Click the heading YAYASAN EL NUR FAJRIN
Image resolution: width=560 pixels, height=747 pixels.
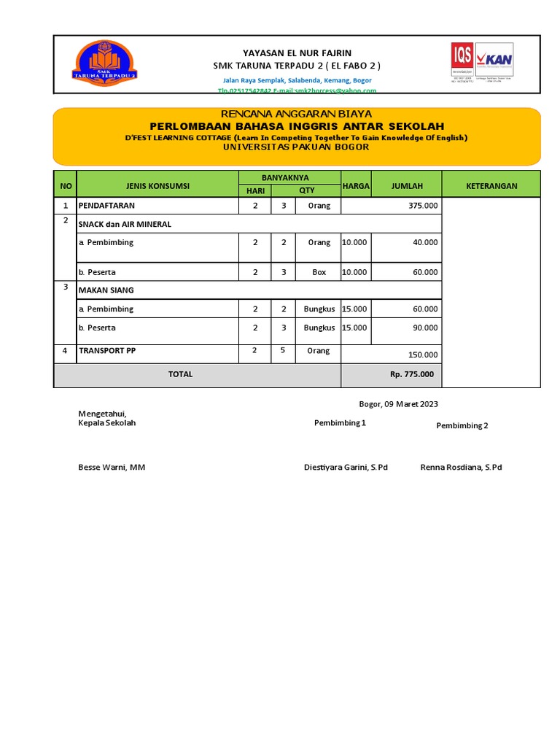[297, 53]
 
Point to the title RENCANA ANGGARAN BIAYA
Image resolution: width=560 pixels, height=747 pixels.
[296, 114]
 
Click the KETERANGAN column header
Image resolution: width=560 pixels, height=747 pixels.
[491, 186]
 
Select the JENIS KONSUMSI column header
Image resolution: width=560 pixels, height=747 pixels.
[157, 186]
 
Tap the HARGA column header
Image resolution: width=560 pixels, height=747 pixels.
[356, 186]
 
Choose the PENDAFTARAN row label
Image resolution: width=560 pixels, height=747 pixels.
[106, 206]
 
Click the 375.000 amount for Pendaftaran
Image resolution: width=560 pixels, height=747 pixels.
[423, 206]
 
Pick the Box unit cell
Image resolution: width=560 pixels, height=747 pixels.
[319, 272]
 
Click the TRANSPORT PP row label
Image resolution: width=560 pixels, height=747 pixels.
[107, 351]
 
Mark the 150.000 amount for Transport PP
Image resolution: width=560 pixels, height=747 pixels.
[423, 355]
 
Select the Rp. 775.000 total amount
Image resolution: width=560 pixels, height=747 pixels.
[411, 374]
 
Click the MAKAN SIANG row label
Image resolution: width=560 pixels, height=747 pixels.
[106, 290]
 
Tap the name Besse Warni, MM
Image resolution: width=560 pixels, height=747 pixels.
[112, 467]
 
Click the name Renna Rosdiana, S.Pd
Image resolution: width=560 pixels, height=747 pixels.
[461, 467]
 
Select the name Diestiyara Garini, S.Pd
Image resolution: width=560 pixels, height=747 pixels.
[346, 467]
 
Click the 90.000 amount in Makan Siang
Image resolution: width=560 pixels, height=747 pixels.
[425, 328]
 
